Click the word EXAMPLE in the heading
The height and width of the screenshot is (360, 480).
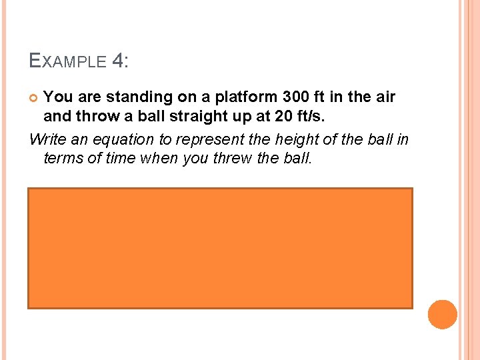click(x=68, y=62)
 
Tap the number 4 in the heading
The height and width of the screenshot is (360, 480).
click(x=119, y=61)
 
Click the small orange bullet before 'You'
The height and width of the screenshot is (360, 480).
click(x=35, y=99)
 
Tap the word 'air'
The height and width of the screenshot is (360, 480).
click(x=384, y=97)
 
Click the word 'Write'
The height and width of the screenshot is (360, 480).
click(x=48, y=139)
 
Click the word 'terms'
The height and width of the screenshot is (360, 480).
click(x=65, y=159)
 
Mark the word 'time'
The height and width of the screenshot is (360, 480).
click(x=125, y=159)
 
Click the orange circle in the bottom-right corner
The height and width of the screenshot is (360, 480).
click(x=442, y=315)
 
